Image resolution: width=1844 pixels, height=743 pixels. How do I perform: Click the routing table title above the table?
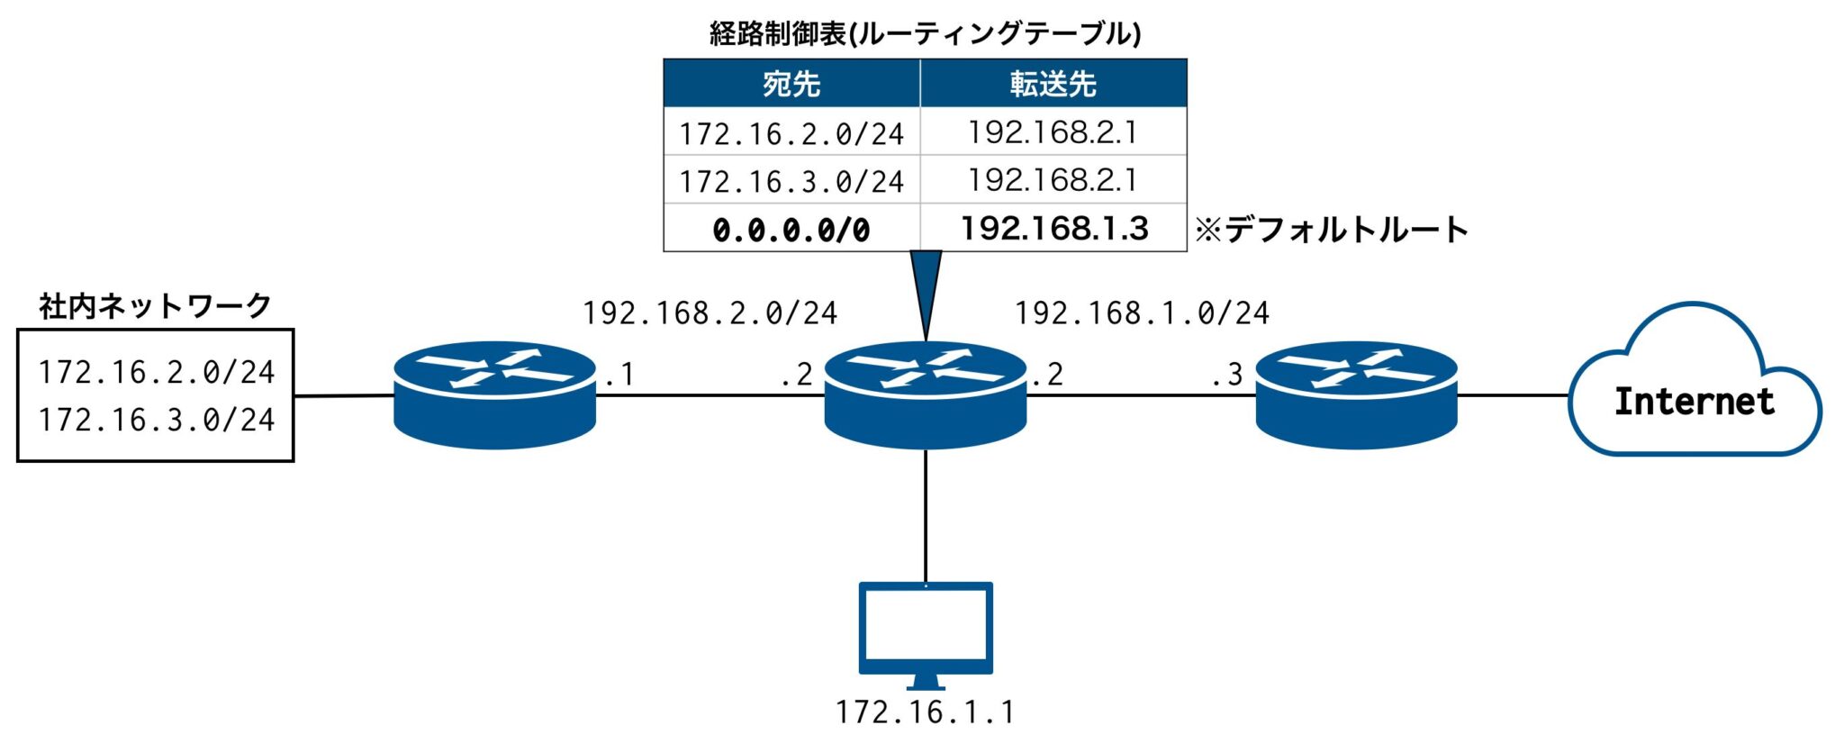[925, 33]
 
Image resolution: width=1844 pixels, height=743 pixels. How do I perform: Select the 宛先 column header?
[791, 84]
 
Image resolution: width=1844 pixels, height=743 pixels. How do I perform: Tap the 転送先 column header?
[1053, 84]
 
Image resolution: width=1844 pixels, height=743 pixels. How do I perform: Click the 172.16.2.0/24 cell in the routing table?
[791, 133]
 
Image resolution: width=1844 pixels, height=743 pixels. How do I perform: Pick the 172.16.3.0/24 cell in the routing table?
[791, 181]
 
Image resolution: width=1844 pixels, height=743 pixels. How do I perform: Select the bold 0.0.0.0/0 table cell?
[791, 230]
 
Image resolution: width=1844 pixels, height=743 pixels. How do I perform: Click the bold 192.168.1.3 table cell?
[1053, 228]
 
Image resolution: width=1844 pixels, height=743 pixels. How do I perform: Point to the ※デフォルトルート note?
[1331, 230]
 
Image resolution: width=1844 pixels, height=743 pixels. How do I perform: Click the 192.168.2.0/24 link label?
[710, 313]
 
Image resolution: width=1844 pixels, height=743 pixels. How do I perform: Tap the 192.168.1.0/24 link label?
[1142, 313]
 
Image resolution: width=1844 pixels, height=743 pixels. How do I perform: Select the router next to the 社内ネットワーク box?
[495, 394]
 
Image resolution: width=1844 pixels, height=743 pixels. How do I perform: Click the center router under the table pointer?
[926, 394]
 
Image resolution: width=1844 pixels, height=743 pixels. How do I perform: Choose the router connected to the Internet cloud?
[1356, 394]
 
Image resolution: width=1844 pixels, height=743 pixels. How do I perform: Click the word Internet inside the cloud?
[1694, 401]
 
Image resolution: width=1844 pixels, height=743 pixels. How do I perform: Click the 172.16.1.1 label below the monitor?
[926, 712]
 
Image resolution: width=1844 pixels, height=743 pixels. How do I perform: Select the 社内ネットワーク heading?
[155, 306]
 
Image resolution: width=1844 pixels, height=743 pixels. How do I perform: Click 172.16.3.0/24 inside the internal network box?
[156, 420]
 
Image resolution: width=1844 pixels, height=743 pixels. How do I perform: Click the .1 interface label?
[619, 374]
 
